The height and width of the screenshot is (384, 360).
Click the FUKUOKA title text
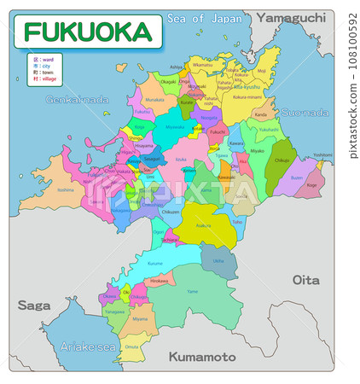87,32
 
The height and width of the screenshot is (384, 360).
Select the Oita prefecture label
305,279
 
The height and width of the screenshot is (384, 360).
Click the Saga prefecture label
35,305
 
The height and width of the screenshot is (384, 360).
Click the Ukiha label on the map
218,260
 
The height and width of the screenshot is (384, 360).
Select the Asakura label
203,225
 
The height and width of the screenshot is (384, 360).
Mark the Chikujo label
282,160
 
